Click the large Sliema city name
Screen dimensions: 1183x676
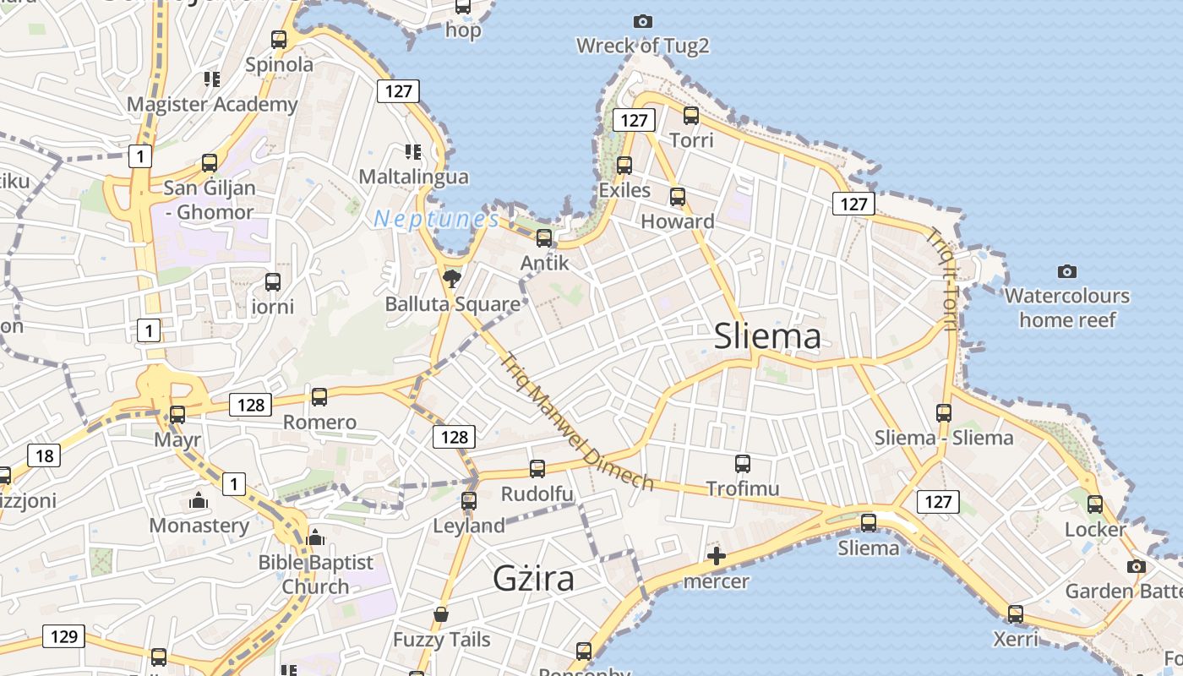click(x=767, y=336)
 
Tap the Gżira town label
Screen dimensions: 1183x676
click(x=534, y=579)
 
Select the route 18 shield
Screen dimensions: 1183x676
click(x=44, y=456)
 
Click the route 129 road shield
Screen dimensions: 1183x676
click(x=64, y=636)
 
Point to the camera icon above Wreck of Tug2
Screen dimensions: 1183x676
click(x=643, y=21)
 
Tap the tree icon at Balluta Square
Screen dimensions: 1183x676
click(x=452, y=277)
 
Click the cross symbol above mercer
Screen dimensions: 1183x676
click(x=717, y=556)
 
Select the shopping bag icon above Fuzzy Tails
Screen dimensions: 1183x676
click(x=440, y=614)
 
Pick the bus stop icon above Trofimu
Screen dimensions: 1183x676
click(x=743, y=463)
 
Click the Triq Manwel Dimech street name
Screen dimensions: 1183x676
click(x=577, y=422)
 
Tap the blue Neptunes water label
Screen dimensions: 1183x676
click(x=437, y=219)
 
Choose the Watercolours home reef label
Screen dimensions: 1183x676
click(x=1067, y=308)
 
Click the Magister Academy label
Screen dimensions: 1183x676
click(x=212, y=105)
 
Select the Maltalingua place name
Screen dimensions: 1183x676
click(x=414, y=177)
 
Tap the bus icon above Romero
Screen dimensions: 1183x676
click(x=319, y=396)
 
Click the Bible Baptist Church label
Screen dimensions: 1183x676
click(x=315, y=574)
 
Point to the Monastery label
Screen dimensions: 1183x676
click(x=199, y=526)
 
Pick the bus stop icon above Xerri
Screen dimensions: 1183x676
click(x=1016, y=613)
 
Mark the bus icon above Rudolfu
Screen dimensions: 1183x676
click(x=537, y=468)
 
